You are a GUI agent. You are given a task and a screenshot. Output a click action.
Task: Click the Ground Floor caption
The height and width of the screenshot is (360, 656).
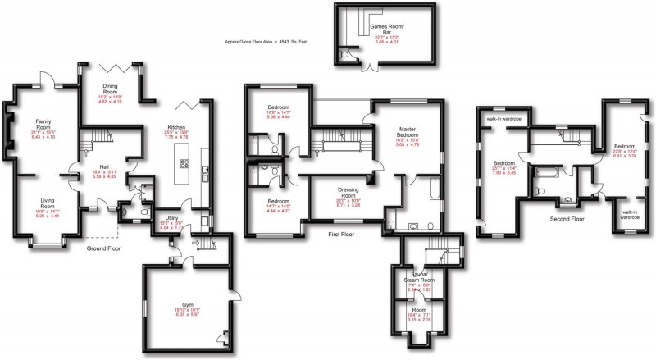pos(104,247)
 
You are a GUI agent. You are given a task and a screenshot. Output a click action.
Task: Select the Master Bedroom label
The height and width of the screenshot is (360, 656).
pos(408,133)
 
